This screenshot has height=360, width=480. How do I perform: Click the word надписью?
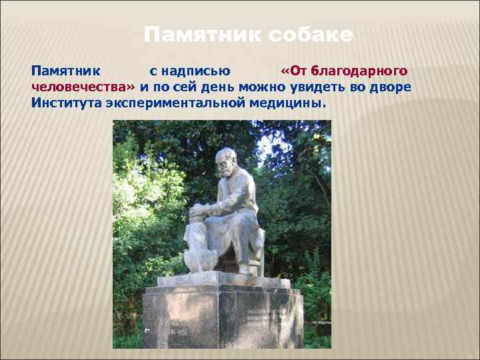click(190, 70)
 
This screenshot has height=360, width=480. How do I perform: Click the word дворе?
click(395, 87)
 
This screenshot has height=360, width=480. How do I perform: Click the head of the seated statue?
click(225, 161)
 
